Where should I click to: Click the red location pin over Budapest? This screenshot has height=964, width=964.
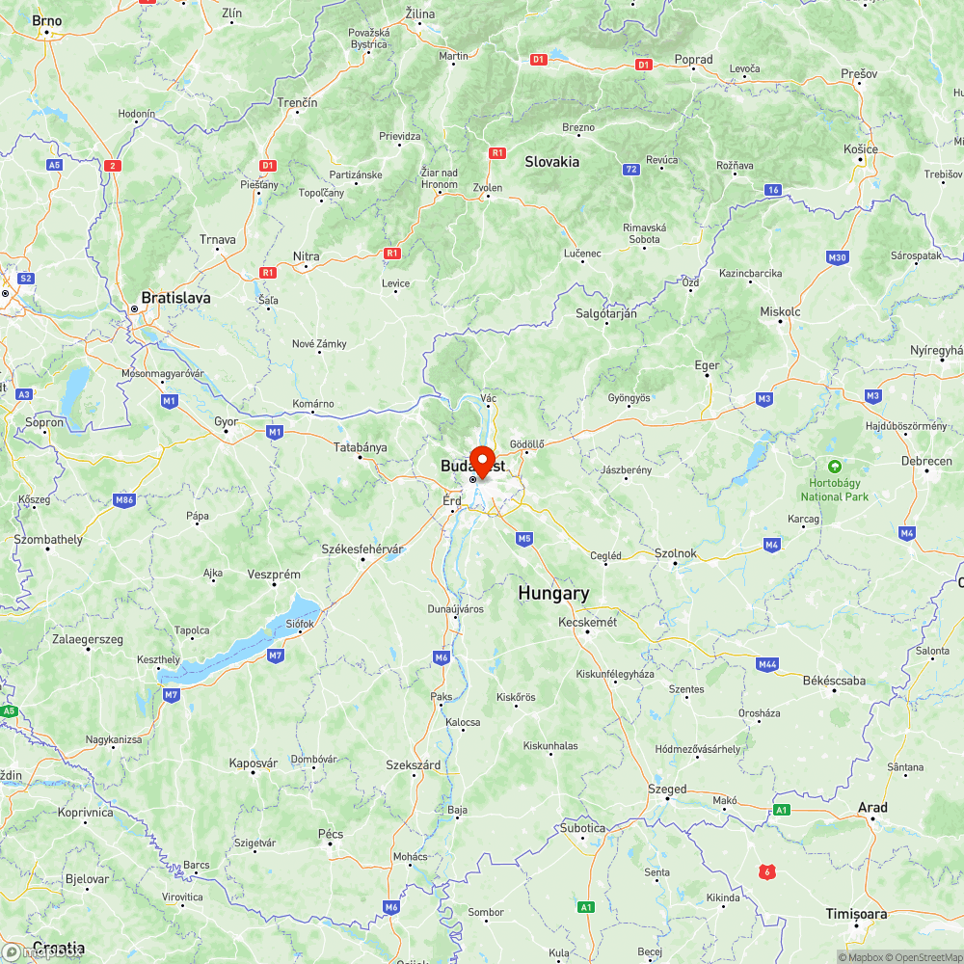[482, 459]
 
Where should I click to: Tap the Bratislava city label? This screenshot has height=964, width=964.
[175, 298]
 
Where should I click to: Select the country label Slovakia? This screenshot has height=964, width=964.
[551, 162]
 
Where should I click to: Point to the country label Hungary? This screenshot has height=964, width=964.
[552, 594]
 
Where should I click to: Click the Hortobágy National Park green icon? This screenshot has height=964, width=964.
[834, 466]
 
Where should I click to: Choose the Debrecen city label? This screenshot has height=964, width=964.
[925, 461]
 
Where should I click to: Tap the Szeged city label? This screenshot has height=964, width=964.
[667, 789]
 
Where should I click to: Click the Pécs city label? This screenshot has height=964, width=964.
[331, 833]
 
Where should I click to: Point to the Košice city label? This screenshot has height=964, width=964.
[861, 148]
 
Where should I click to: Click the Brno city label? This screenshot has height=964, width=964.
[46, 20]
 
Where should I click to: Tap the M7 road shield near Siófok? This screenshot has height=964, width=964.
[276, 656]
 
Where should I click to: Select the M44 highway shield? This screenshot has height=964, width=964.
[767, 664]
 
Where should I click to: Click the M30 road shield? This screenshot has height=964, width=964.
[837, 257]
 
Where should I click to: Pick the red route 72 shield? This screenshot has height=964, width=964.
[630, 170]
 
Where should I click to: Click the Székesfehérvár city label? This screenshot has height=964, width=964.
[361, 549]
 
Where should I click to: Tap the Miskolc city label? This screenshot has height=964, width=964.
[780, 311]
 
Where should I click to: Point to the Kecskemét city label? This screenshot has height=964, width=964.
[587, 622]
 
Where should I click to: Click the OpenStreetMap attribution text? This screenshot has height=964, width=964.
[924, 957]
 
